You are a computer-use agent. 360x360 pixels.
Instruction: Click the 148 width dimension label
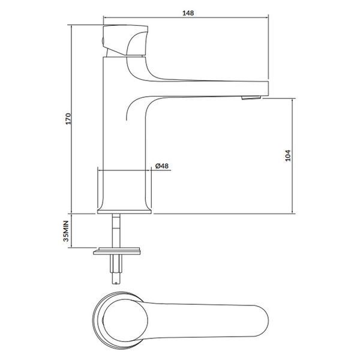coord(188,13)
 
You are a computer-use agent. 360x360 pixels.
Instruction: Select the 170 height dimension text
coord(68,119)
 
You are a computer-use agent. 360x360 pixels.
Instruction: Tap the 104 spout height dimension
coord(287,155)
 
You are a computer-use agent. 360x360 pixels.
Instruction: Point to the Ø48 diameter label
coord(162,166)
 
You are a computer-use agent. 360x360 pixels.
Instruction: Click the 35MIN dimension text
coord(66,231)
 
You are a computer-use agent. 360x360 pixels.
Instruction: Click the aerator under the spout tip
coord(251,98)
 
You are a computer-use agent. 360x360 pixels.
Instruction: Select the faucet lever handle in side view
coord(125,40)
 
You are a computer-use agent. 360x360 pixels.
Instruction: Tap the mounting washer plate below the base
coord(117,251)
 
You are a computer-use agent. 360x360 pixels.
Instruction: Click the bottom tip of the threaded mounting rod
coord(116,284)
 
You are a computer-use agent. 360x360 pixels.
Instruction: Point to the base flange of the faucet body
coord(124,212)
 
